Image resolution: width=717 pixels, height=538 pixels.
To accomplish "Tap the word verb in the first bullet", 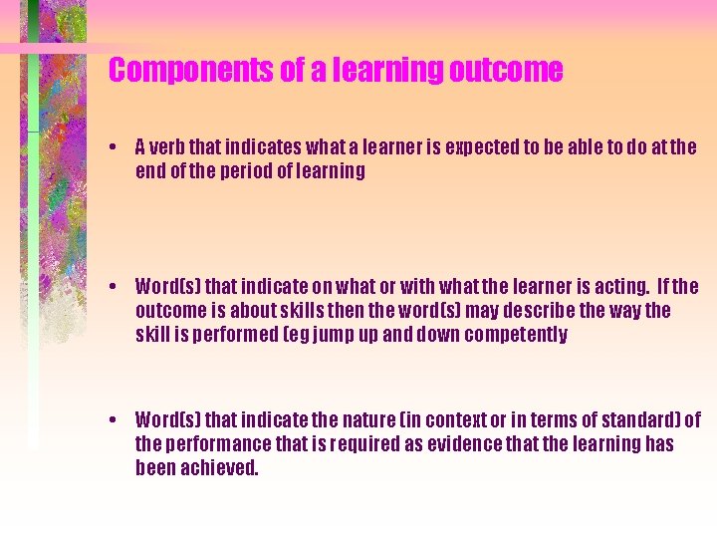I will point(172,147).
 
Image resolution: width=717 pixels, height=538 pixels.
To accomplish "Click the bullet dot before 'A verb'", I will point(116,148).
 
